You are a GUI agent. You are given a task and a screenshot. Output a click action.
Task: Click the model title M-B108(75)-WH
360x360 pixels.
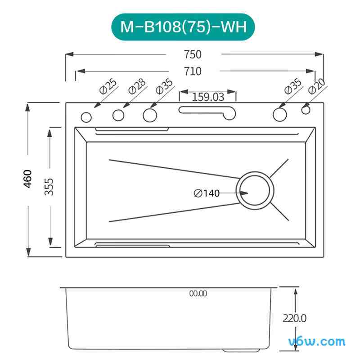click(x=184, y=27)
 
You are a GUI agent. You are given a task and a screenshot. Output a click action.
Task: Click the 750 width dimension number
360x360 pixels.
click(x=192, y=54)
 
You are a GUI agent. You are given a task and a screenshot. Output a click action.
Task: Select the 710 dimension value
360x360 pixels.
click(x=192, y=71)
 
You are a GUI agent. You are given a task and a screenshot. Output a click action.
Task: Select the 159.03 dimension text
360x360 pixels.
click(x=208, y=96)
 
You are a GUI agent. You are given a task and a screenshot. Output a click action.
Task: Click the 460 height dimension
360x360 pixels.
click(x=28, y=179)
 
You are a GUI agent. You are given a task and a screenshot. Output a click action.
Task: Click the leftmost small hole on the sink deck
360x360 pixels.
click(x=85, y=118)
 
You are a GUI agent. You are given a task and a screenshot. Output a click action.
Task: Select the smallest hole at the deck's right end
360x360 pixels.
click(x=306, y=109)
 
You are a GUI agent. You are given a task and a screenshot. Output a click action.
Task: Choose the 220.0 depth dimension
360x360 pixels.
click(x=294, y=318)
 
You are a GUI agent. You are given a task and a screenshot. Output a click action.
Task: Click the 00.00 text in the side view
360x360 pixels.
click(x=198, y=293)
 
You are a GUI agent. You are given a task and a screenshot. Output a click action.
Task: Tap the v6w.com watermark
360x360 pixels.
click(x=317, y=342)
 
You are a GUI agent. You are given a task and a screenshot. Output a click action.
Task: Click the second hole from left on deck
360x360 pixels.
click(x=118, y=116)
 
